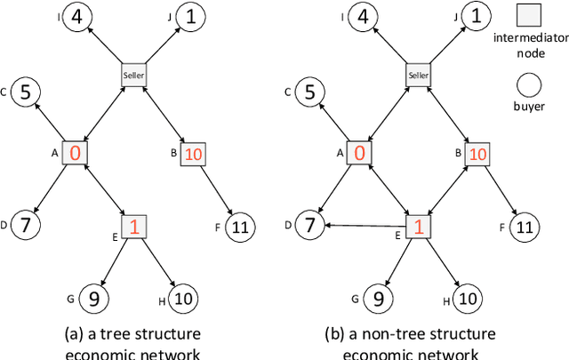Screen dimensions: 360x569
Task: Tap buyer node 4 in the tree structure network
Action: point(81,16)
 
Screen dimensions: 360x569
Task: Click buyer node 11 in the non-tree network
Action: point(525,228)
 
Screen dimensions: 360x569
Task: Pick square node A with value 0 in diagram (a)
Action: point(75,154)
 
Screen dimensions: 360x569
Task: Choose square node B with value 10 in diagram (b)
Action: point(477,154)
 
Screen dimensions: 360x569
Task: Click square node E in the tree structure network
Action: point(134,226)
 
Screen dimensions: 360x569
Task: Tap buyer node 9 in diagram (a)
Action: point(93,298)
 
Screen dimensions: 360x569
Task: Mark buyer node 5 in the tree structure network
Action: point(26,92)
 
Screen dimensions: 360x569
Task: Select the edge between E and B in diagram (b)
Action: point(448,190)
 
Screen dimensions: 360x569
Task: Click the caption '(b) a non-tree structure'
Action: point(418,333)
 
